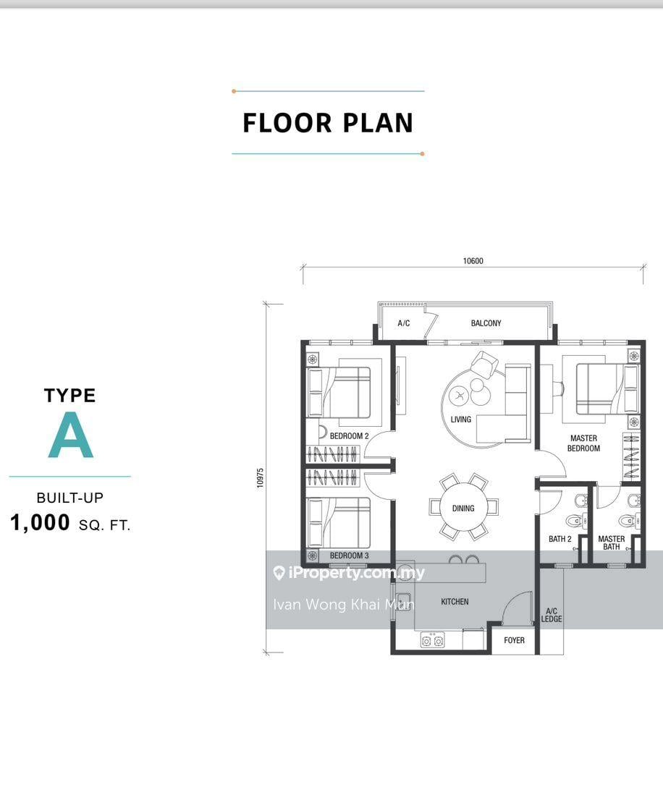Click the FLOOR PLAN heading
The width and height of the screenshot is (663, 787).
[x=328, y=123]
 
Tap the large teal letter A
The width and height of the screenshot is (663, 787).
[x=71, y=436]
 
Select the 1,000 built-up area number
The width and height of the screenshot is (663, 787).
[x=41, y=523]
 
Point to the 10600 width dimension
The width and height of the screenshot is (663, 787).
[x=473, y=261]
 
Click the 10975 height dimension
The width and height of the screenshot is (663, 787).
[x=261, y=478]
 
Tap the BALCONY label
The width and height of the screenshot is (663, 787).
[x=486, y=323]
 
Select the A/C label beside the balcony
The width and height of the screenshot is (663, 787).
[x=404, y=323]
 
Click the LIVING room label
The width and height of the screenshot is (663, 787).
[x=460, y=420]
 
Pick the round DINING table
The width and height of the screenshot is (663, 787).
[x=463, y=508]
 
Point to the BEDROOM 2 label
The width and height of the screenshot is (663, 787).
[x=349, y=436]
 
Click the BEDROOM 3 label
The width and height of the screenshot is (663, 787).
[x=349, y=556]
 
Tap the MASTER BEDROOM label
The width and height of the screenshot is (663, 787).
[x=583, y=443]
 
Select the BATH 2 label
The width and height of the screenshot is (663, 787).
[x=560, y=539]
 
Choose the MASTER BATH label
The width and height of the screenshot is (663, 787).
[x=612, y=543]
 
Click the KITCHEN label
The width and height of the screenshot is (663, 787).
[x=455, y=602]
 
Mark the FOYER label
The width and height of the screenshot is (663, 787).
[x=514, y=640]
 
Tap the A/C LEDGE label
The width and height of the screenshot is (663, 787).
[x=552, y=615]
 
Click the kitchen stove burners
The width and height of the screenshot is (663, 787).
[x=433, y=640]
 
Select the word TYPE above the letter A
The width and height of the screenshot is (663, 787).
[x=69, y=396]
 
